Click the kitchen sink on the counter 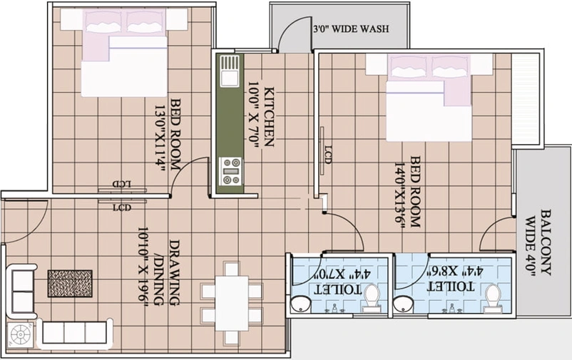230,71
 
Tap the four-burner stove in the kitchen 230,171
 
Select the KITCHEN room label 269,117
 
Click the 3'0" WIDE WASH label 352,29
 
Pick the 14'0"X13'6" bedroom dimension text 400,196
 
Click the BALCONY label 546,242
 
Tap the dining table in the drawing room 232,303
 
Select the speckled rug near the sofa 70,284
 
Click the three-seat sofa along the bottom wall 75,332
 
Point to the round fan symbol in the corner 21,334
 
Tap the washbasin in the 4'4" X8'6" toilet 404,304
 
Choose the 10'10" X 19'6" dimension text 143,269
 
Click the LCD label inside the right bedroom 327,154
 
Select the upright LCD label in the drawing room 122,208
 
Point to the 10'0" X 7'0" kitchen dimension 253,115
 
